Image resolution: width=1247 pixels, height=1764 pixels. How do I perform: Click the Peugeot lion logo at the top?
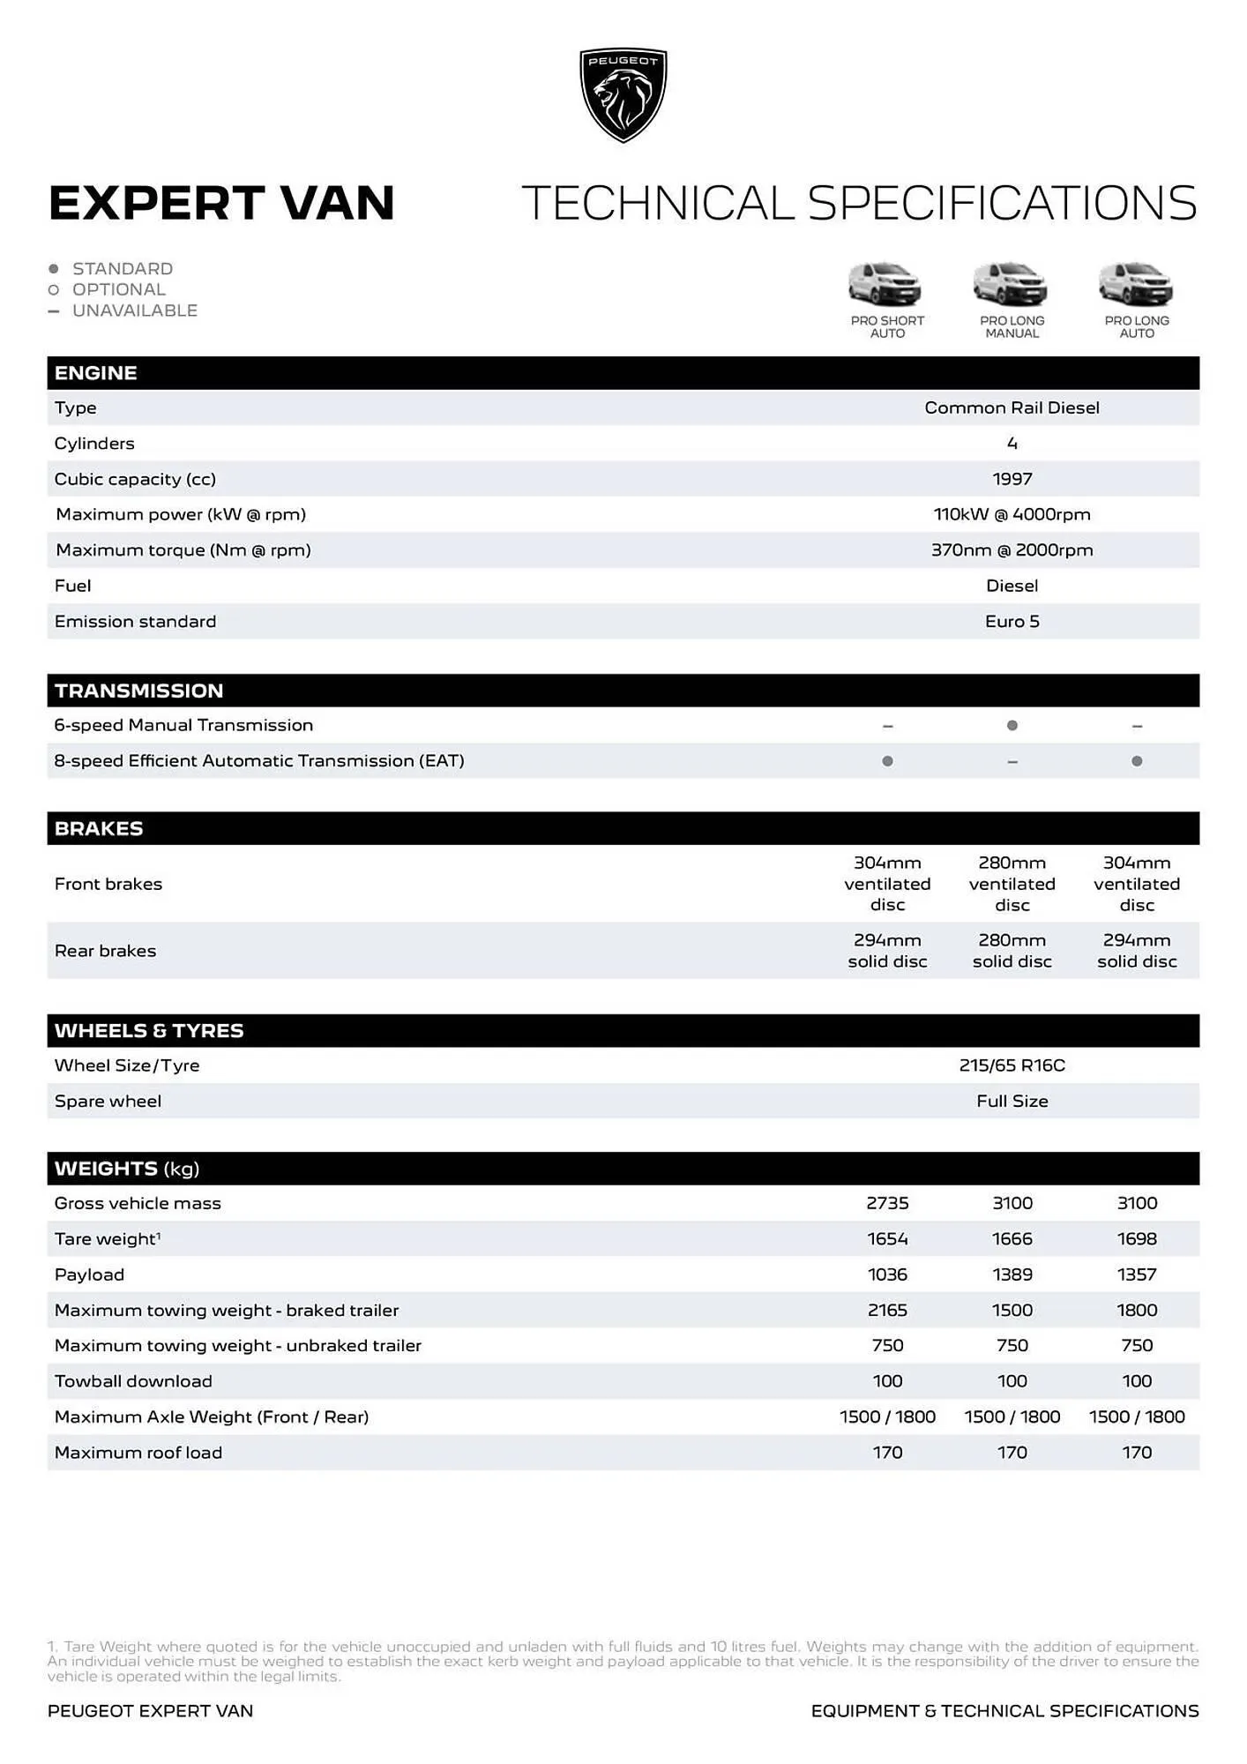tap(623, 94)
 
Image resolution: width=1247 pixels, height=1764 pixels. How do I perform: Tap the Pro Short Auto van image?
tap(885, 283)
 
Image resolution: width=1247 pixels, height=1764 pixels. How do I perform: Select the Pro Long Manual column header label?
tap(1012, 327)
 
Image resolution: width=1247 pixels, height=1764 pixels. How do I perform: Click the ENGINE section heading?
tap(95, 373)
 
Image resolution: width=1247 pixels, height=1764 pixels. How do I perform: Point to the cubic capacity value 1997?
tap(1012, 479)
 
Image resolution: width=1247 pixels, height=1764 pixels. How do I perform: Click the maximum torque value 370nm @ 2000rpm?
tap(1012, 550)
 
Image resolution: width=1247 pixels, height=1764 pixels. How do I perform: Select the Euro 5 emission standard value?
tap(1012, 622)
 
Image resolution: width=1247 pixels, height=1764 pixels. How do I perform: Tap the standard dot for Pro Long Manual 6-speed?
tap(1012, 726)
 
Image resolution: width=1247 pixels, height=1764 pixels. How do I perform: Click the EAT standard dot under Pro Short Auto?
tap(887, 761)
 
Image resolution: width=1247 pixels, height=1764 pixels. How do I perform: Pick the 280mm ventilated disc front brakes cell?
tap(1012, 884)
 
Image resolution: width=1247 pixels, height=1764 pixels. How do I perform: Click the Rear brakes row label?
tap(105, 951)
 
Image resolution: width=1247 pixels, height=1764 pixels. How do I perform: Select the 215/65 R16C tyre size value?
tap(1012, 1065)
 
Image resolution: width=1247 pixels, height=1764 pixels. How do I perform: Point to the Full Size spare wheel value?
tap(1012, 1102)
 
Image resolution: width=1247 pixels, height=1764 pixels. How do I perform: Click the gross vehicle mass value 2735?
tap(887, 1204)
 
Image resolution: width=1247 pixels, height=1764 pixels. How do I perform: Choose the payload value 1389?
tap(1012, 1275)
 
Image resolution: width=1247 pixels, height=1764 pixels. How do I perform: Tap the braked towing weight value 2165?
tap(887, 1311)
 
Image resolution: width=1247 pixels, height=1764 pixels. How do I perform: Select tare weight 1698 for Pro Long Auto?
tap(1137, 1239)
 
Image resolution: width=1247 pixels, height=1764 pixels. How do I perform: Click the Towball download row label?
tap(133, 1382)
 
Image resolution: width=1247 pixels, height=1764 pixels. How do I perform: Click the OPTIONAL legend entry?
tap(118, 290)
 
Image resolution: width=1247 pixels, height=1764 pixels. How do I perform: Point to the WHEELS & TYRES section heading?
tap(148, 1031)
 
